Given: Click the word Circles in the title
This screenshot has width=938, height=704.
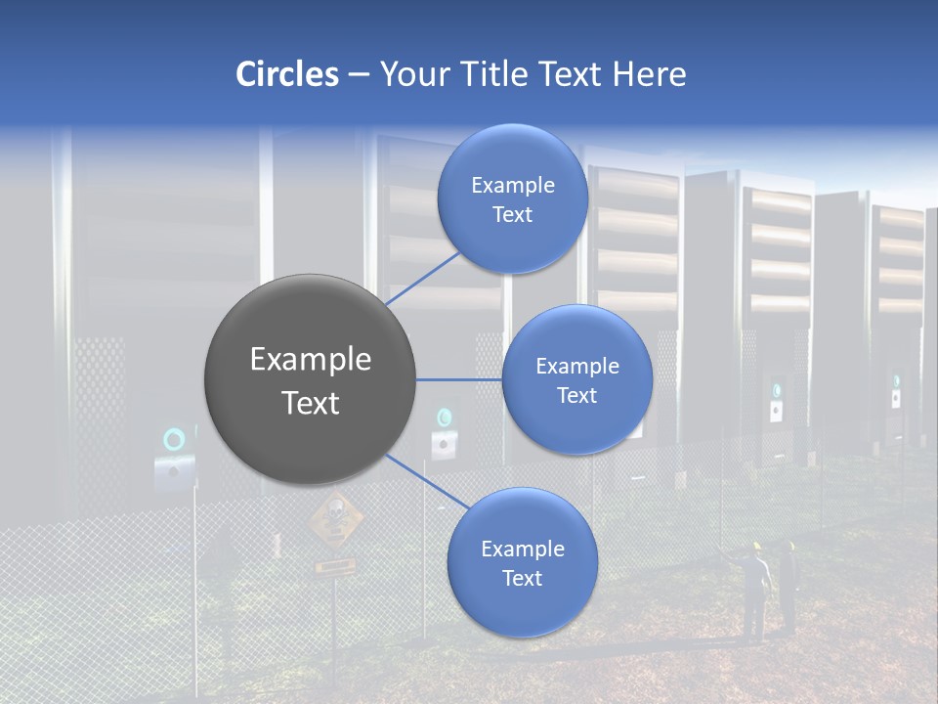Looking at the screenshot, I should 286,74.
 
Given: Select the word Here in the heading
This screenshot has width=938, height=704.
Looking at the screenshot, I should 649,74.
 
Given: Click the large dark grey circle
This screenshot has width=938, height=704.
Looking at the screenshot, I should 311,379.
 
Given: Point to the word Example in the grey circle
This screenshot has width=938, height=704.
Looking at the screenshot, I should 311,360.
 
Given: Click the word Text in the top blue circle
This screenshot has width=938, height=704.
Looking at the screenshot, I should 512,215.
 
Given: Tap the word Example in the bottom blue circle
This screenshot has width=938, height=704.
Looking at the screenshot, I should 522,550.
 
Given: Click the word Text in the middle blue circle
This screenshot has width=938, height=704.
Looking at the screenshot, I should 577,396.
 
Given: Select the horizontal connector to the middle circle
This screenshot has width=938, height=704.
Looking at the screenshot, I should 459,379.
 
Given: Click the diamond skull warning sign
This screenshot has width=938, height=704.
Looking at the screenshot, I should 335,519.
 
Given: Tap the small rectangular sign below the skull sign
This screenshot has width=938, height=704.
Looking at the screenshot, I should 334,565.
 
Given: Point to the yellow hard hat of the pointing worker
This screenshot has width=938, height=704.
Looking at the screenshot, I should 755,547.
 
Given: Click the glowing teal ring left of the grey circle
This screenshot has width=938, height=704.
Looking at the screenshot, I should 174,440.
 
